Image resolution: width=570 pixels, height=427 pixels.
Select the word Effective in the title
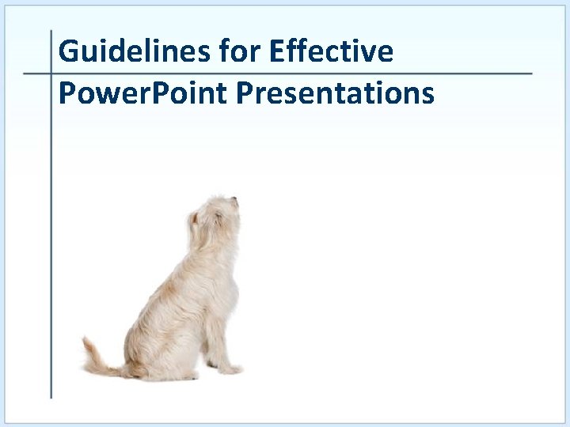(x=331, y=52)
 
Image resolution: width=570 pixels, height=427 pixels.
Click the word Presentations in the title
(x=335, y=94)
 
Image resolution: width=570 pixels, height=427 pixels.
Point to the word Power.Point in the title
(x=143, y=94)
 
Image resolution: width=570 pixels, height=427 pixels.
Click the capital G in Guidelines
(x=69, y=52)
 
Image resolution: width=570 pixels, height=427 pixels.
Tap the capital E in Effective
(x=277, y=52)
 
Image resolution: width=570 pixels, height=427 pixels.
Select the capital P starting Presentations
(x=244, y=94)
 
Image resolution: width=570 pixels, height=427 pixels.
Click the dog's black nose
(x=234, y=200)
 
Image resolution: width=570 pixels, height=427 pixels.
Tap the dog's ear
(x=194, y=217)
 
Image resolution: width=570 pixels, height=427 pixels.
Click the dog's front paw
(x=230, y=368)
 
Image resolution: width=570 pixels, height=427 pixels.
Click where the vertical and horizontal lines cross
(x=51, y=74)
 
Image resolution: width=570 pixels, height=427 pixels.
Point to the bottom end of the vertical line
(x=51, y=396)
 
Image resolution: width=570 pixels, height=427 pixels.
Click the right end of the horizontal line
(x=530, y=74)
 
